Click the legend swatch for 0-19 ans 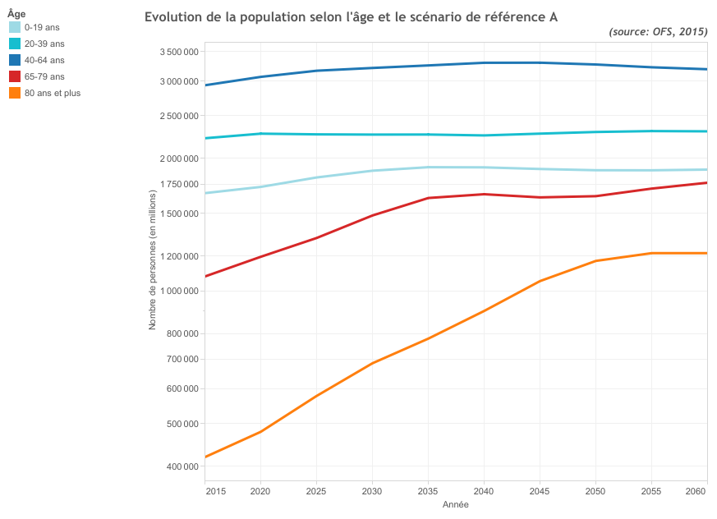15,27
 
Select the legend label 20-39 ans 44,44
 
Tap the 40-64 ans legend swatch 15,60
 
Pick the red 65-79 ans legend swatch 15,76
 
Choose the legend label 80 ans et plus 53,93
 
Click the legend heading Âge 16,14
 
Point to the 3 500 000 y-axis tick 178,52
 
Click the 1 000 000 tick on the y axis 178,291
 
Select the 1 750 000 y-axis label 178,184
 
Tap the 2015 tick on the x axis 216,492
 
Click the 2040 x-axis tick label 484,492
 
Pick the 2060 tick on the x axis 696,492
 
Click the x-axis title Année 456,504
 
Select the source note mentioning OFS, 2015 658,31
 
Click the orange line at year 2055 651,253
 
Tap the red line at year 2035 428,198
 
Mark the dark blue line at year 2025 316,71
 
